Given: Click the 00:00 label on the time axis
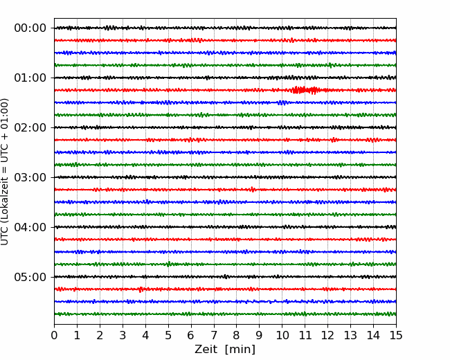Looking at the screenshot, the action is (30, 28).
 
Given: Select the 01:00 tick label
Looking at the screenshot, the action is (30, 78).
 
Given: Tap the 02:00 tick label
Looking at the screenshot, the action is (30, 127).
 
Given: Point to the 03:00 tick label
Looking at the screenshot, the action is (30, 177).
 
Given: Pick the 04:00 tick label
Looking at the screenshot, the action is (30, 227).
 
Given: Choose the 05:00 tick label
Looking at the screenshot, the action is (30, 277).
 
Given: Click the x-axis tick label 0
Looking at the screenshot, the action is (54, 335).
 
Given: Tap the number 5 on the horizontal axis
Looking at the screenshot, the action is (168, 335).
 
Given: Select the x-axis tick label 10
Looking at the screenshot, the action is (282, 335).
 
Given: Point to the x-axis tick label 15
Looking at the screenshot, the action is (396, 335).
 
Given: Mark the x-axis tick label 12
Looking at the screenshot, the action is (327, 335).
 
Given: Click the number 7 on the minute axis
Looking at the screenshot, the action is (214, 335).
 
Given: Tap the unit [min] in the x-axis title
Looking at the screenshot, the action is (240, 350).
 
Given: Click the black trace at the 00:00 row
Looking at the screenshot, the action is (225, 28).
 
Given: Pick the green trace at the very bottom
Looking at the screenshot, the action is (225, 314).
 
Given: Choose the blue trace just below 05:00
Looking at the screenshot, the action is (225, 301).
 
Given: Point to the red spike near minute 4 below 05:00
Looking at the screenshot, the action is (140, 289).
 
